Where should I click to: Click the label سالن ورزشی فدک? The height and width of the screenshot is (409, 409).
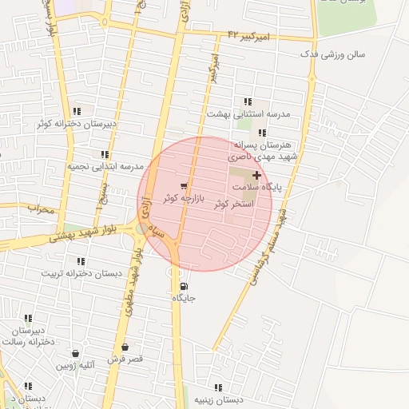coord(332,54)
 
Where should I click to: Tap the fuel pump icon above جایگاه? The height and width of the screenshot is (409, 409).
coord(184,286)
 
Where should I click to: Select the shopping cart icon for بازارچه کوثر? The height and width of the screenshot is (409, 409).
coord(185,185)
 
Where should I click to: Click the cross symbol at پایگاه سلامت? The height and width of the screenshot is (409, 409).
coord(256,175)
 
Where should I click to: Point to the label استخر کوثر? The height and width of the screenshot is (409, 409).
coord(234,204)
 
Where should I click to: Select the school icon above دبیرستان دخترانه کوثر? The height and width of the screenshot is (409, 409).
coord(76,112)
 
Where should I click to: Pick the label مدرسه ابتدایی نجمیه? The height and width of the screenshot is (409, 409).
coord(105,166)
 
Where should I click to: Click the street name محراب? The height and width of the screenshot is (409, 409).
coord(39,210)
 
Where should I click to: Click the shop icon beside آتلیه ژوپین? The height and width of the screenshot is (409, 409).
coord(75,353)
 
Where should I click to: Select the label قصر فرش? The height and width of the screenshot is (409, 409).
coord(125,359)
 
